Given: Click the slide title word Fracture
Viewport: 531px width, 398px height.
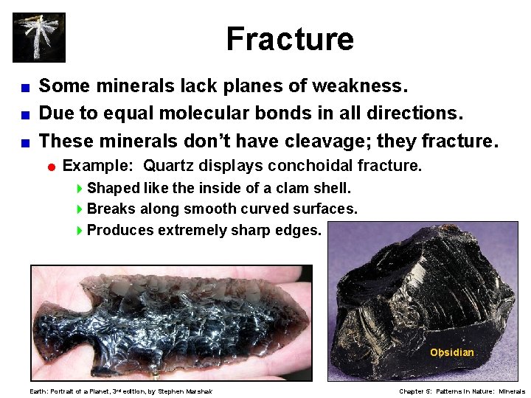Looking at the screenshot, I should coord(290,39).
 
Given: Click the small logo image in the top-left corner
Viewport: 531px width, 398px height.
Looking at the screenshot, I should coord(39,38).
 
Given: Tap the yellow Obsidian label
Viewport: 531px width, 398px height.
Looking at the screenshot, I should coord(451,352).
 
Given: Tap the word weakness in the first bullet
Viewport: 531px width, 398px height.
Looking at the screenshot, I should coord(359,86).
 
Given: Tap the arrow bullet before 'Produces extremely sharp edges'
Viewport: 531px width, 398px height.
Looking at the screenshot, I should coord(80,230).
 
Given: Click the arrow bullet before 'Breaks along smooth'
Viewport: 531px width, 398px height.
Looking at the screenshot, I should coord(80,209).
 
